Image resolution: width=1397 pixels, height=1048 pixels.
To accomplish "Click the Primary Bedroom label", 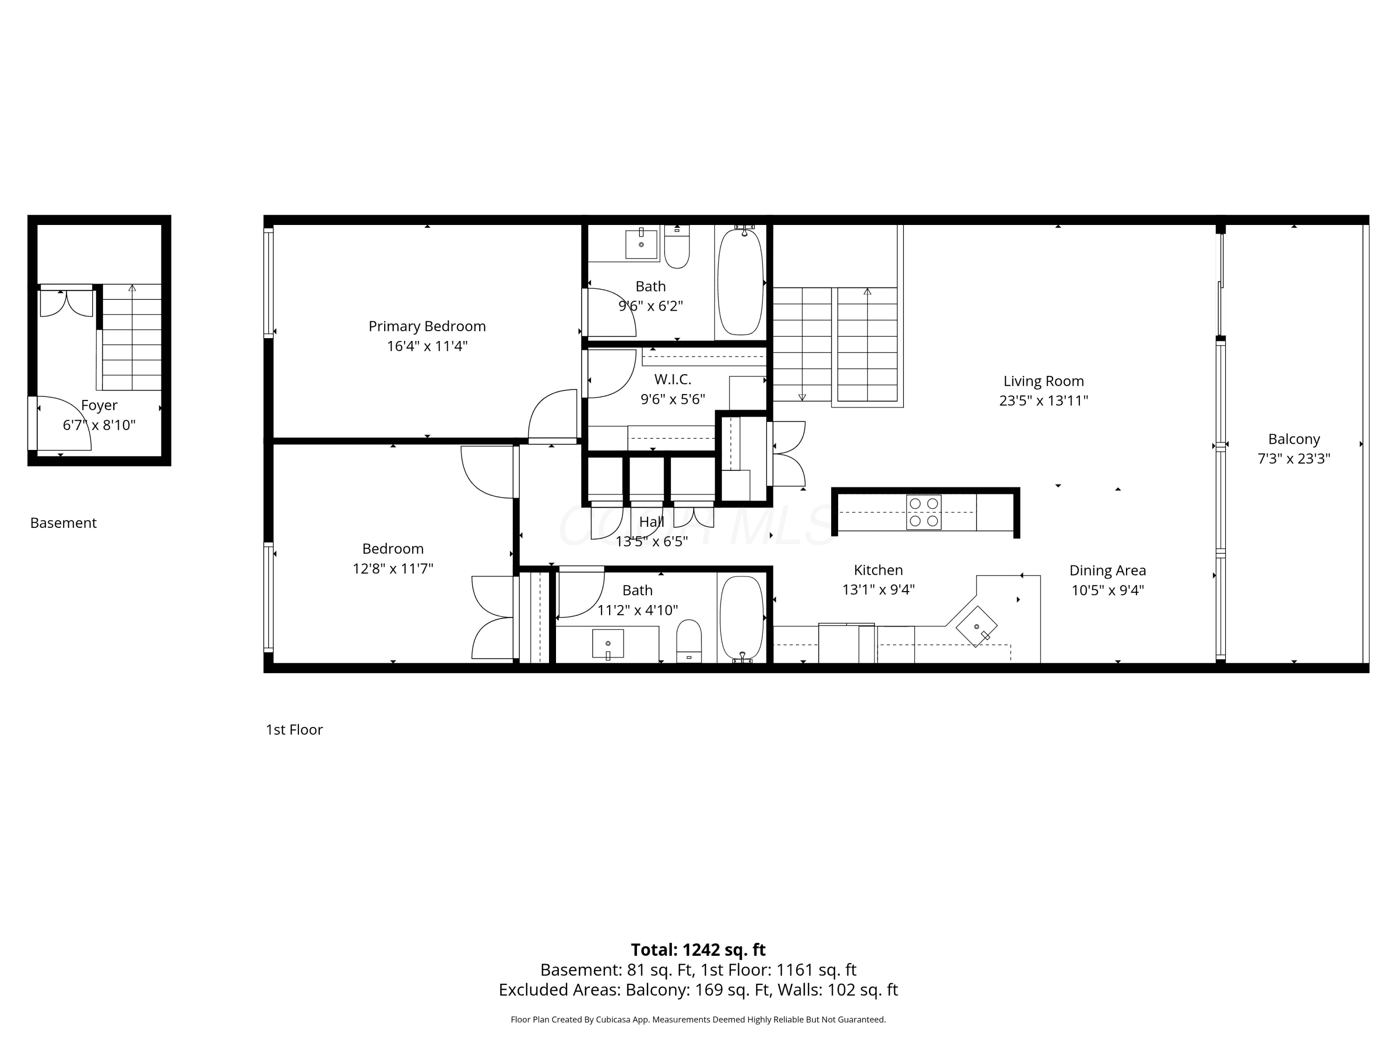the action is (x=427, y=326).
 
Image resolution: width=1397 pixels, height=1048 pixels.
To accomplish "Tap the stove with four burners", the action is (x=923, y=512).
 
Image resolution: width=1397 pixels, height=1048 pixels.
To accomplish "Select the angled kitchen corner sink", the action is (x=977, y=626).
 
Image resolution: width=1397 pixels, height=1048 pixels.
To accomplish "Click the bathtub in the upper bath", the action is (x=740, y=282).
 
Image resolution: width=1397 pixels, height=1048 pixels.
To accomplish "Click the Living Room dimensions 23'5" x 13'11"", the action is (x=1044, y=401).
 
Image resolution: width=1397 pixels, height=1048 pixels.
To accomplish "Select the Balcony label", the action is (x=1294, y=439).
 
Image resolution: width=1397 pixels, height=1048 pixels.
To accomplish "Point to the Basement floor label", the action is (x=63, y=523).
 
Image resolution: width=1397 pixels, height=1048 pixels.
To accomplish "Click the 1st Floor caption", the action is (x=294, y=729).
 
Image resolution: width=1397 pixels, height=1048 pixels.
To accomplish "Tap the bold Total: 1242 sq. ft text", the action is (x=698, y=949).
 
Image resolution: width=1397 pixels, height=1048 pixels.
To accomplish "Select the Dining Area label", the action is (x=1107, y=571).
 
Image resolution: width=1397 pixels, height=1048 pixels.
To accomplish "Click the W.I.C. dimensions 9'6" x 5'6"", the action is (x=672, y=399).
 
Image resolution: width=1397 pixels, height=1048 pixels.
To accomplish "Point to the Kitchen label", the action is (x=878, y=570).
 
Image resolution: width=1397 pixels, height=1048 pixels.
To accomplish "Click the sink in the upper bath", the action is (x=641, y=244).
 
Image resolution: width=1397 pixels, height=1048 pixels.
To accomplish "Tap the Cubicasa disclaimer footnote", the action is (x=698, y=1020).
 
